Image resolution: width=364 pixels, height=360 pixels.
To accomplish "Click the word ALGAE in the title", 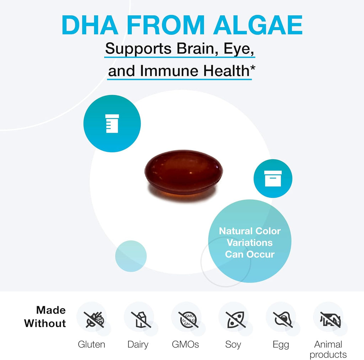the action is coord(258,25).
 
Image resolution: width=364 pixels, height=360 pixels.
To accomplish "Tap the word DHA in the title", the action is coord(90,25).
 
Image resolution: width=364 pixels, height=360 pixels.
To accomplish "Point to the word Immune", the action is coord(169,71).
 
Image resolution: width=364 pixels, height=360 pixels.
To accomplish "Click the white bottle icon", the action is coord(112,123).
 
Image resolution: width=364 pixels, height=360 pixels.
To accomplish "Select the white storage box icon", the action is coord(273,178).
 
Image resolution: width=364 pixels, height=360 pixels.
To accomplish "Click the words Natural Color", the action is coord(250,231).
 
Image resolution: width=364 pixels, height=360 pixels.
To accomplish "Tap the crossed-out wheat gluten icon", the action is coord(94,319).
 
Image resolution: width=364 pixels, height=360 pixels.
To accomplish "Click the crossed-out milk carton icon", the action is coord(141,319).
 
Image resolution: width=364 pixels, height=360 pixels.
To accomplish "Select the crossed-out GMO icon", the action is coord(188,319).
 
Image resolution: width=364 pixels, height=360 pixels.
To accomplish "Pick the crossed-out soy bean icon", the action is coord(236,319).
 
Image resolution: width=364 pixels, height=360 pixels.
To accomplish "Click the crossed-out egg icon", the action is coord(283,319).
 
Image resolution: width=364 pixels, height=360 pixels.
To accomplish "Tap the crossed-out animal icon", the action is coord(330,319).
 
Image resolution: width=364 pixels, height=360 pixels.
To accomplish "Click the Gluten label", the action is coord(91,344).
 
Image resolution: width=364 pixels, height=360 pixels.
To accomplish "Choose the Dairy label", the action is coord(138,345).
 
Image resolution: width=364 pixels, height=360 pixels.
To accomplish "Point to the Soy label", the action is coord(233,345).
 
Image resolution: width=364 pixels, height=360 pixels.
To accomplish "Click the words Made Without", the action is coord(45,317).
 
